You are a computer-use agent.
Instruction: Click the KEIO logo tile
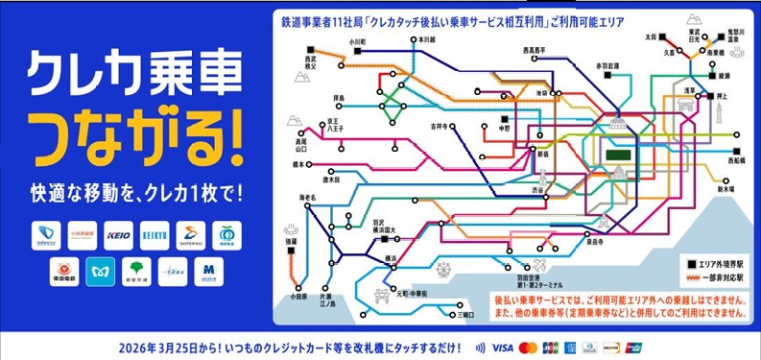[119, 234]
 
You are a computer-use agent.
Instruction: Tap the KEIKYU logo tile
[155, 234]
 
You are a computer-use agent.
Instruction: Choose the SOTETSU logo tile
[192, 234]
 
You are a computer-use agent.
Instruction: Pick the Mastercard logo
[528, 347]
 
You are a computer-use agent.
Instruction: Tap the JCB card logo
[550, 347]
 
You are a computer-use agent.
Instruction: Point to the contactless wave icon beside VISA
[480, 347]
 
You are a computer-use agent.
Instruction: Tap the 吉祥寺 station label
[440, 125]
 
